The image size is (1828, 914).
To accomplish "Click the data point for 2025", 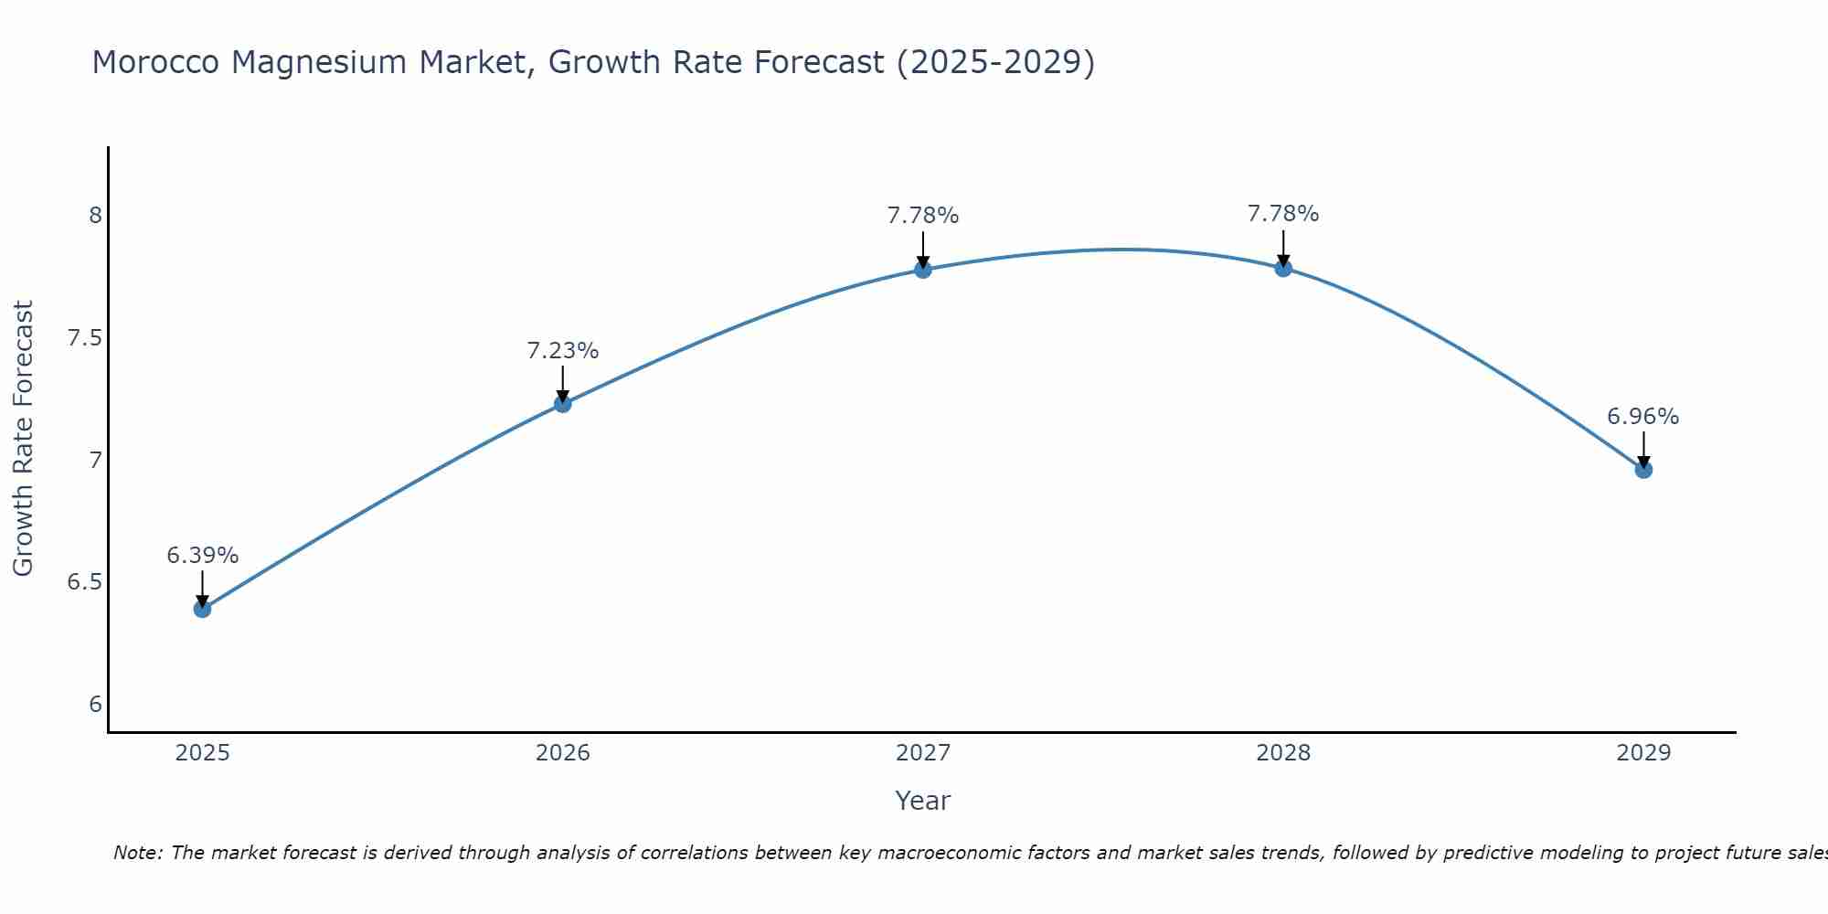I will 202,609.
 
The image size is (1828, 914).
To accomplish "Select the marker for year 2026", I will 562,404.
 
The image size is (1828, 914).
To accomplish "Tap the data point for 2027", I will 922,270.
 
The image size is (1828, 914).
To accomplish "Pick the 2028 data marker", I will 1283,268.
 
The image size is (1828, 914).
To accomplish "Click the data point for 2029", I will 1643,470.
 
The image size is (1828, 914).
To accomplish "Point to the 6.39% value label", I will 202,556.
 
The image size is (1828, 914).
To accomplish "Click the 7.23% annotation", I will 562,351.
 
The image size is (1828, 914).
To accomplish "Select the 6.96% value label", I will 1642,417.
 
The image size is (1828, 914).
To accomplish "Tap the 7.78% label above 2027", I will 922,217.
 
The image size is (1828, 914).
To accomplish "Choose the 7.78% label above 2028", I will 1283,214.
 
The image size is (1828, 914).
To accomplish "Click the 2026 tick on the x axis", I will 562,753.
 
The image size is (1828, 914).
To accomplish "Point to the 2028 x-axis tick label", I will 1283,753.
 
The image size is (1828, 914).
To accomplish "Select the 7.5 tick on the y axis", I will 85,338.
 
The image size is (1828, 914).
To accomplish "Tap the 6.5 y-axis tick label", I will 85,582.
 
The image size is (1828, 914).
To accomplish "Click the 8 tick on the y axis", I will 95,216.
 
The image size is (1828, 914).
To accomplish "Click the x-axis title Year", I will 922,801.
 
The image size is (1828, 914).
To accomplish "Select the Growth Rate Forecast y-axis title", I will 24,439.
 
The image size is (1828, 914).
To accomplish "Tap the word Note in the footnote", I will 136,853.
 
